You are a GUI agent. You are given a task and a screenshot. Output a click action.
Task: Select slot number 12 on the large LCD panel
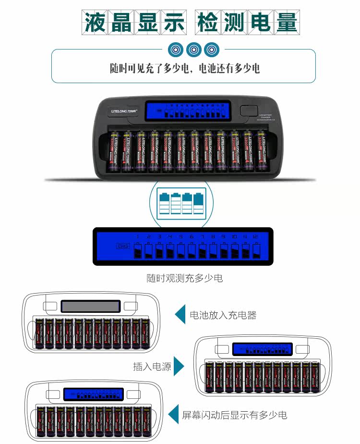[255, 237]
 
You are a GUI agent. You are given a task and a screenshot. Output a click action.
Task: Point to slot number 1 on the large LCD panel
[137, 237]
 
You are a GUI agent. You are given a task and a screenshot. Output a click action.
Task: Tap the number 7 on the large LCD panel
[202, 237]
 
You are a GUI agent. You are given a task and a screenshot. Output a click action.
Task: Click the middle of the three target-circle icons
[193, 49]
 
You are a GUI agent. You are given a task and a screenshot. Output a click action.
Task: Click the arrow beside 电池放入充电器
[180, 314]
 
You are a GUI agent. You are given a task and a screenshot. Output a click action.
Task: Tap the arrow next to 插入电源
[179, 366]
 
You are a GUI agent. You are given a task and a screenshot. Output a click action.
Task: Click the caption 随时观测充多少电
[184, 278]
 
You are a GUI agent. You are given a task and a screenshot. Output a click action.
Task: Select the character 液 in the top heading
[95, 22]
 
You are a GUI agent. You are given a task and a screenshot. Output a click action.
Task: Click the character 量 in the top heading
[286, 22]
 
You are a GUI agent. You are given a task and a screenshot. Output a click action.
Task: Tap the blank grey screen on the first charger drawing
[90, 306]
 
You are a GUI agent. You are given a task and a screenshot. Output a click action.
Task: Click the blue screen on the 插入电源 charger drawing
[262, 349]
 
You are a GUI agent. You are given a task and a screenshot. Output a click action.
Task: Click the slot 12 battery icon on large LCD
[256, 251]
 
